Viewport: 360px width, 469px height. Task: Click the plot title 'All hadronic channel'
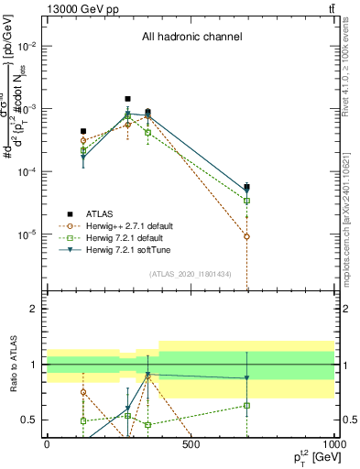pyautogui.click(x=191, y=38)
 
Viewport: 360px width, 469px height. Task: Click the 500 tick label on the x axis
pyautogui.click(x=191, y=444)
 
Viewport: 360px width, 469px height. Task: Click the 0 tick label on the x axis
pyautogui.click(x=47, y=444)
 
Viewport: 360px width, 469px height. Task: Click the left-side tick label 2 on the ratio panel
pyautogui.click(x=34, y=310)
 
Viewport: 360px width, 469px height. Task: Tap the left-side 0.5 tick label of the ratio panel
pyautogui.click(x=29, y=420)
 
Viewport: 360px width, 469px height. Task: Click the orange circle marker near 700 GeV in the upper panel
pyautogui.click(x=246, y=236)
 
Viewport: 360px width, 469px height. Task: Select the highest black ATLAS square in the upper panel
pyautogui.click(x=128, y=99)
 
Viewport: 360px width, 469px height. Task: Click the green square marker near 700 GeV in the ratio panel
pyautogui.click(x=246, y=405)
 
